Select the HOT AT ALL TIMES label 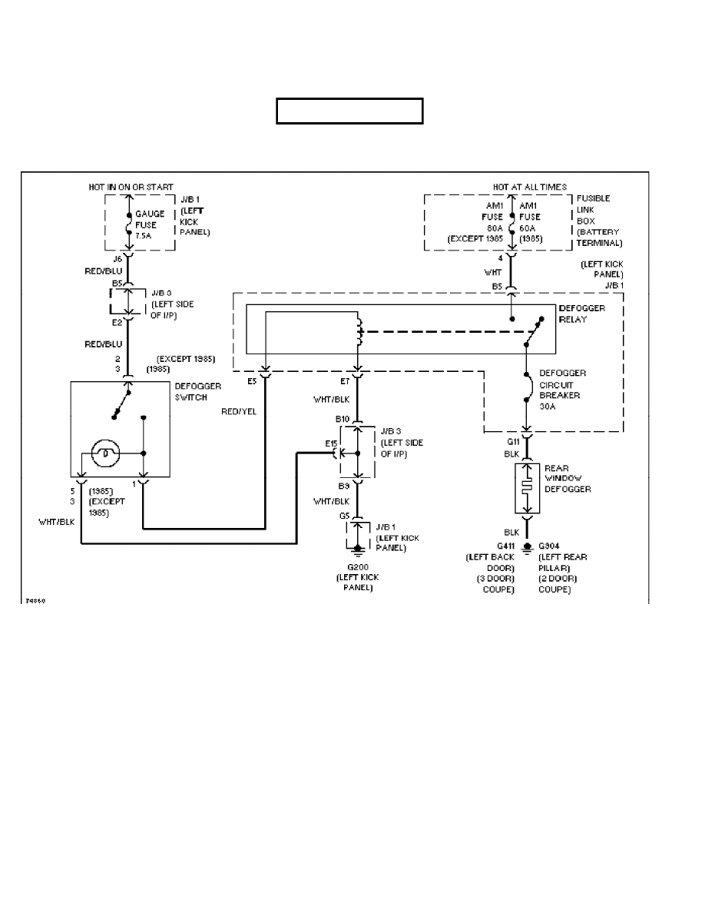tap(530, 187)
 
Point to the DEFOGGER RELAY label tap(583, 314)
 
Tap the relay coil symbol tap(358, 332)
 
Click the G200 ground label tap(357, 567)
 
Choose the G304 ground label tap(551, 546)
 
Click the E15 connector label tap(331, 443)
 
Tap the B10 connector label tap(342, 419)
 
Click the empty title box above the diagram tap(350, 111)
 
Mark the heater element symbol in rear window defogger tap(526, 488)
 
